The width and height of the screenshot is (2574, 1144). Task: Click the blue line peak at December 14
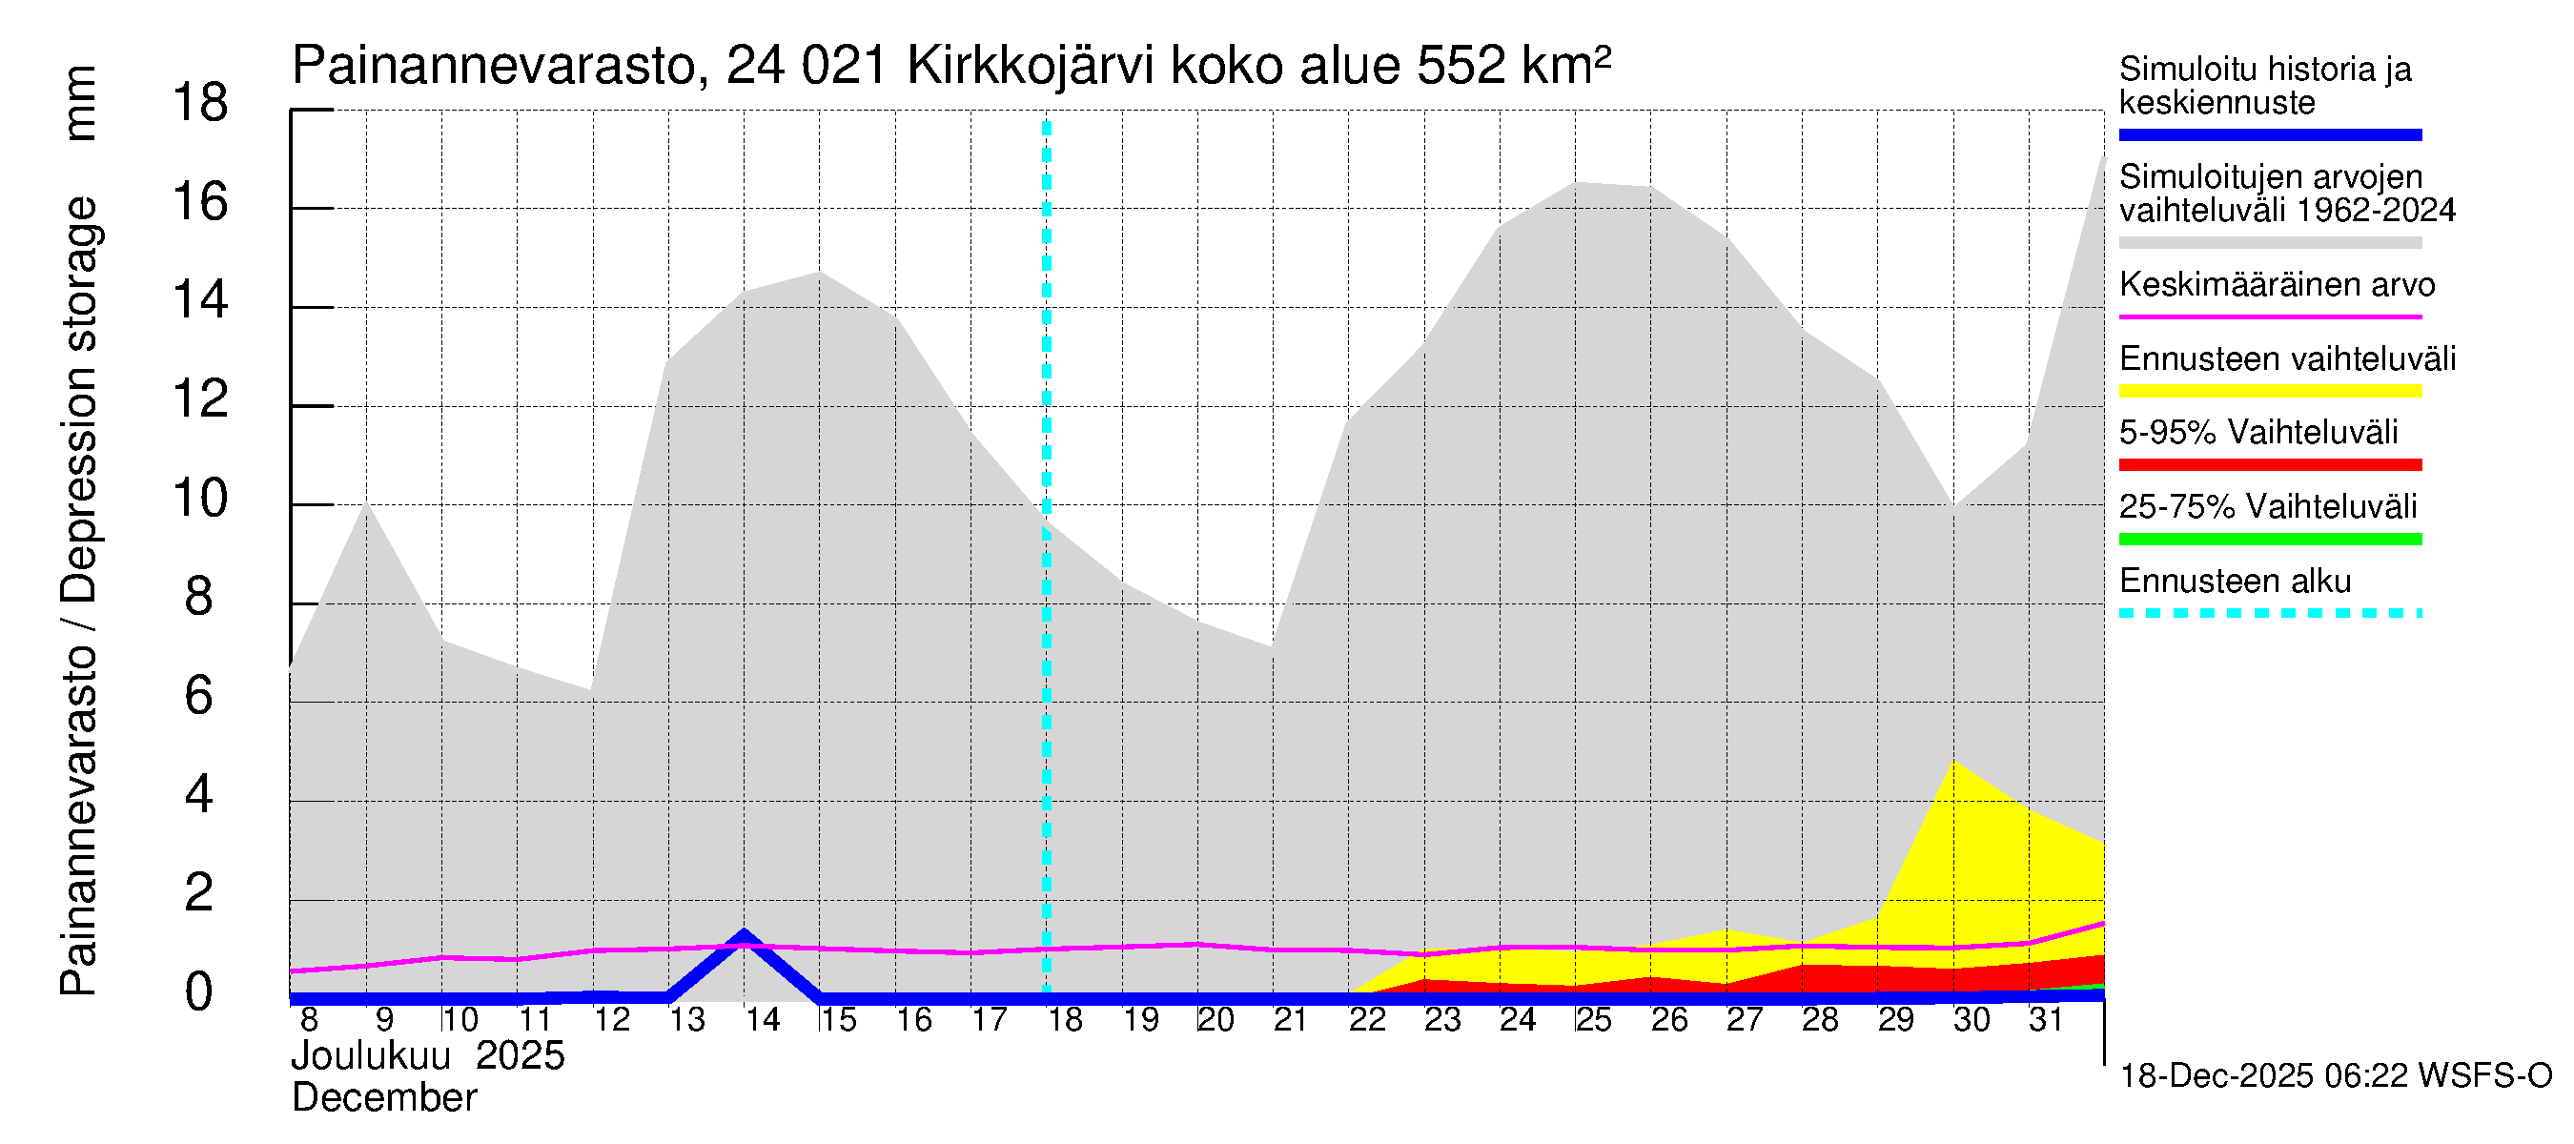click(x=744, y=935)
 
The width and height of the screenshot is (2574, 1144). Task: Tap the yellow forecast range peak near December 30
click(x=1953, y=764)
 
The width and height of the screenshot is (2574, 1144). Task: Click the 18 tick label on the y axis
click(x=200, y=103)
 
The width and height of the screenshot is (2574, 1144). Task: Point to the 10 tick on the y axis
click(x=200, y=499)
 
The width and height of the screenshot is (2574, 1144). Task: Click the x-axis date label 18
click(x=1064, y=1020)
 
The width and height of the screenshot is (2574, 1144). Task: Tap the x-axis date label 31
click(x=2046, y=1020)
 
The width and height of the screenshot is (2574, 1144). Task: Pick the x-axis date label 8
click(x=309, y=1020)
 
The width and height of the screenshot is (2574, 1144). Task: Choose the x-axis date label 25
click(x=1593, y=1020)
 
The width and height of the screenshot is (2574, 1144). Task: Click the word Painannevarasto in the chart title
click(x=495, y=67)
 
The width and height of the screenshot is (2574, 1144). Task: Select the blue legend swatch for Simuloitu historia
click(x=2269, y=134)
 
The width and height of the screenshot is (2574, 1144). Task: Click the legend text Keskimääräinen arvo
click(x=2277, y=285)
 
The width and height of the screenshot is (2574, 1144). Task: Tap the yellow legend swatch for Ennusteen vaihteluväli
click(x=2269, y=391)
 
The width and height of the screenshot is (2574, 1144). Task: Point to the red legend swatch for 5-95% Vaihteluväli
click(x=2269, y=464)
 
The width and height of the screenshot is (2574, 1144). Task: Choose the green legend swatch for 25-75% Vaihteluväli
click(x=2269, y=540)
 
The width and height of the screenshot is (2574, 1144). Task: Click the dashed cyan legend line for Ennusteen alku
click(x=2269, y=613)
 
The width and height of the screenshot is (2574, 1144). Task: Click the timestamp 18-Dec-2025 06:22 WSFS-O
click(x=2335, y=1076)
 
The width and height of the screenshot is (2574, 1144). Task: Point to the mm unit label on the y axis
click(x=80, y=103)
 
